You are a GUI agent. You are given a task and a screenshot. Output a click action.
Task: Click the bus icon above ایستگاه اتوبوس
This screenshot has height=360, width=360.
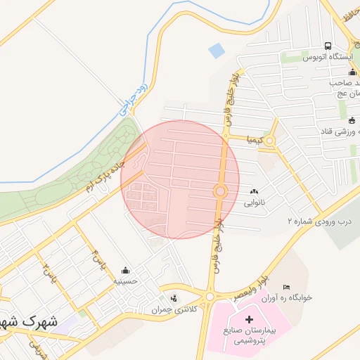pos(328,46)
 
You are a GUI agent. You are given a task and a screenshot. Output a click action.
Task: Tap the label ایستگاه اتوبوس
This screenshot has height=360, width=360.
pos(327,57)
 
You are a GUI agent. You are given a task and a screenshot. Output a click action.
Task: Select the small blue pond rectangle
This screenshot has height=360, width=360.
pos(217,51)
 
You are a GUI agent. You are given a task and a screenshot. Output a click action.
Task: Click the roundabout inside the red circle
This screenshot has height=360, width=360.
pos(220,191)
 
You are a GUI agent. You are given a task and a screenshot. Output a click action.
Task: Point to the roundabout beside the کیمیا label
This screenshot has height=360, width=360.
pos(269,140)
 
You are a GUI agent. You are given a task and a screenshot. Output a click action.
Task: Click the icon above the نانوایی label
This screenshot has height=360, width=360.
pos(254,192)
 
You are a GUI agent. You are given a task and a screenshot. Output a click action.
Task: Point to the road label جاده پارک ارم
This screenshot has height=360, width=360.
pos(110,171)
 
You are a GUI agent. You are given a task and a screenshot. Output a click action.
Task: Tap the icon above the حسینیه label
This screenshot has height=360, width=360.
pos(126,270)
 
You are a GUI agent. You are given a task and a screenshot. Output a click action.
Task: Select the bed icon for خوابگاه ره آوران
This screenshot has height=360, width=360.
pos(285,287)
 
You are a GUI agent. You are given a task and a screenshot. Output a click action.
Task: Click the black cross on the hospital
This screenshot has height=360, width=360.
pos(249,319)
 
